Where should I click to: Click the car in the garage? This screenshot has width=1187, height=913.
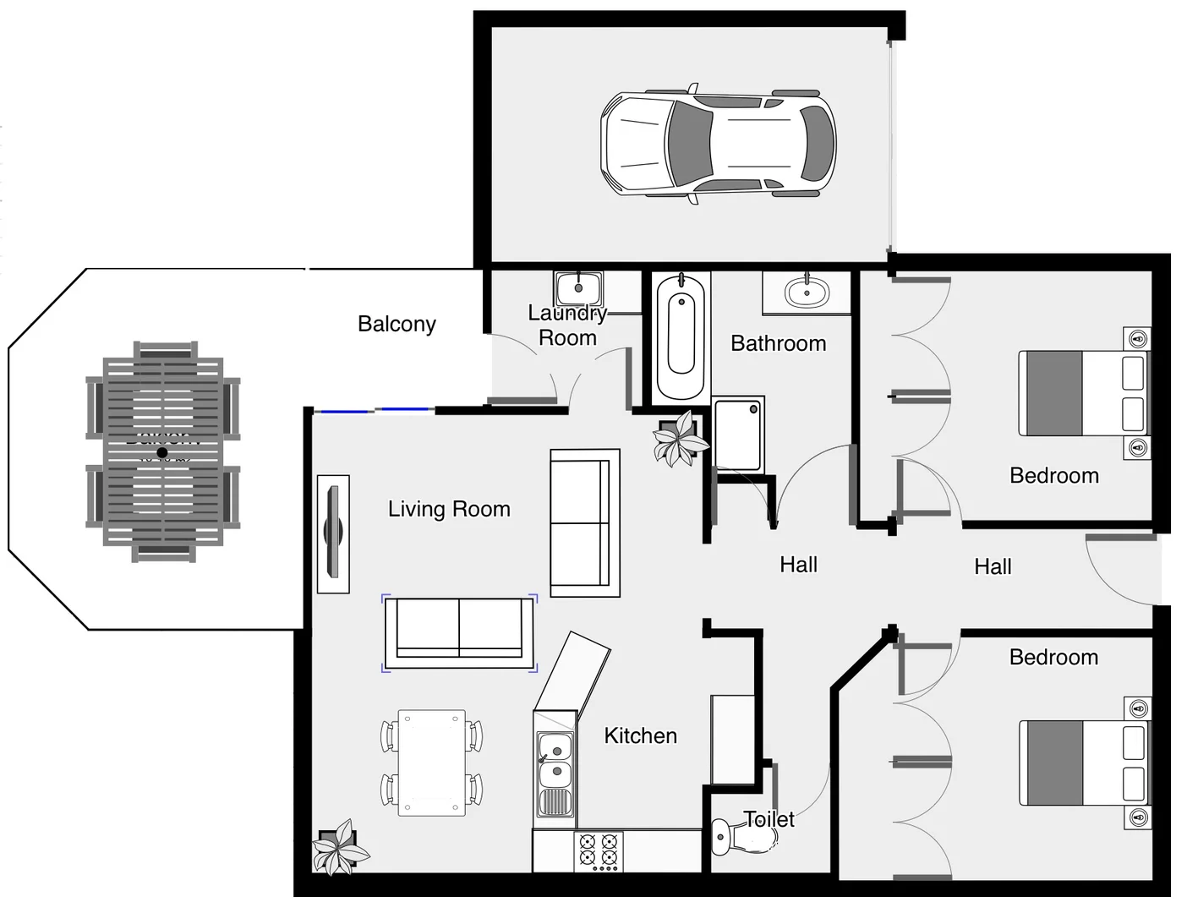coord(718,143)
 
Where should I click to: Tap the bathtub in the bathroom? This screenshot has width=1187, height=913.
coord(681,336)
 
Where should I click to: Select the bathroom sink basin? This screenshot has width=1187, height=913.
coord(807,293)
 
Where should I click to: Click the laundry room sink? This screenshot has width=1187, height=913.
coord(578,288)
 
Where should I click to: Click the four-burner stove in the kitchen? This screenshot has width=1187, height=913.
coord(598,851)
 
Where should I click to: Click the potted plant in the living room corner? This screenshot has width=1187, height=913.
coord(339,847)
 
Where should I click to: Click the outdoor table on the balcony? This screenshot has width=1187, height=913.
coord(162,452)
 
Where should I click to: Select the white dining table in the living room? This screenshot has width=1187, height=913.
coord(431,762)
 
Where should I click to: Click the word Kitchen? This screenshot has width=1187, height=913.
coord(640,735)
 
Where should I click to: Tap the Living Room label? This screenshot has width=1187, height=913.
coord(449,509)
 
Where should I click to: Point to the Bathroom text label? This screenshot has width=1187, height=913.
coord(778,343)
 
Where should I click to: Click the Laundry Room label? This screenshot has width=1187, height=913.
coord(567,325)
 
